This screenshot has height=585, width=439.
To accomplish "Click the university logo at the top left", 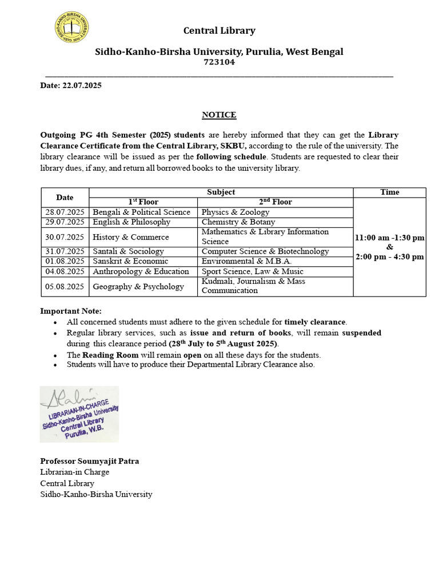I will (71, 28).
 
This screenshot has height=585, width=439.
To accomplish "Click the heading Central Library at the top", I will (219, 31).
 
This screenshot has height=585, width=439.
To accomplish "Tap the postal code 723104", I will (219, 62).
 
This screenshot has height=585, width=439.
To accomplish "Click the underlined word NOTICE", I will (219, 115).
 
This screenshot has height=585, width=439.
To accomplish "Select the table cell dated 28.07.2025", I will (65, 212).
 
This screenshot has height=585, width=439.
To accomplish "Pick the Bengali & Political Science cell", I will (141, 212).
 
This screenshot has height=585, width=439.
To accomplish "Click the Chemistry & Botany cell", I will (238, 222).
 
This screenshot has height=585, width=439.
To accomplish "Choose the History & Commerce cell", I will (131, 237).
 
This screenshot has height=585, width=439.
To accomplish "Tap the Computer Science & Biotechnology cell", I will (265, 251).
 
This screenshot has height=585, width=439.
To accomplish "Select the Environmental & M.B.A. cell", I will (246, 261).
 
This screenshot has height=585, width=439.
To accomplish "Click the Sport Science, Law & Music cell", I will (252, 271).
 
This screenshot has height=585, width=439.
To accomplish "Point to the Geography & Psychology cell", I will (138, 286).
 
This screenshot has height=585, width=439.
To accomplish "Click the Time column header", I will (389, 192).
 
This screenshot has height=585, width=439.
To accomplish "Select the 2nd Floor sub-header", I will (275, 202).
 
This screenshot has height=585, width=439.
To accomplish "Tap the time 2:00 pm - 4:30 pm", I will (390, 257).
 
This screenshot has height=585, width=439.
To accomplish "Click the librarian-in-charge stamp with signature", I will (79, 414).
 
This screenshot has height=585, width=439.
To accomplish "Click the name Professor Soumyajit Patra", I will (89, 461).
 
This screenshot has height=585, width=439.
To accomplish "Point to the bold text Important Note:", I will (71, 311).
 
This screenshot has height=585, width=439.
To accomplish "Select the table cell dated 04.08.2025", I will (65, 271).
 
